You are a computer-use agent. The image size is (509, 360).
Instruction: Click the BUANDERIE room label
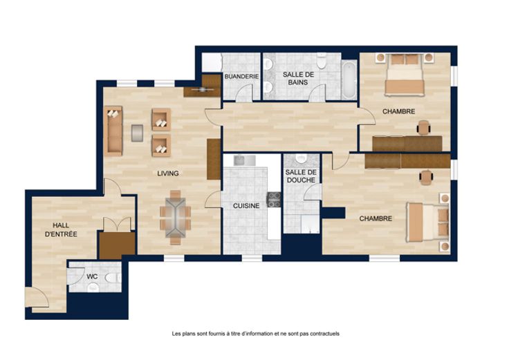coord(241,77)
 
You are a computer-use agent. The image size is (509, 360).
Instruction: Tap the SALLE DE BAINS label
coord(298,79)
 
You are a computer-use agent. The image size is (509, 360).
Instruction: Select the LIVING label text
coord(168,173)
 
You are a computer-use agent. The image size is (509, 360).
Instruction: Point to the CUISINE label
coord(246,206)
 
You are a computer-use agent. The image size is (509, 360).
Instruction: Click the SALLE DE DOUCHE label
coord(301,176)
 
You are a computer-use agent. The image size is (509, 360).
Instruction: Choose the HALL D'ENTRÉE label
coord(61,229)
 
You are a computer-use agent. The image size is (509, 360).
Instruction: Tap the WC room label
coord(92,276)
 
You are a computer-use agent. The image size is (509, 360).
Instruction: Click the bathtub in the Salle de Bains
coord(349,79)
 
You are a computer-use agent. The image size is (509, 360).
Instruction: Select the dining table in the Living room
coord(175,217)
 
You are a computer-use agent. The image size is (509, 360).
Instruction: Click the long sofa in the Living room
coord(113,131)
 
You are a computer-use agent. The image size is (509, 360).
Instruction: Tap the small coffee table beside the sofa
coord(138,133)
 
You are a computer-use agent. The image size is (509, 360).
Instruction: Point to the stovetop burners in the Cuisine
coord(274,200)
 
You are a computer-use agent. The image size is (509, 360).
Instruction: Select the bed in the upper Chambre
coord(405,75)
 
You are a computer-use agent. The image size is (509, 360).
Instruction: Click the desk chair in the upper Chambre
coord(424,127)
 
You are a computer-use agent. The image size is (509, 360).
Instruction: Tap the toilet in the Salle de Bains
coord(322,61)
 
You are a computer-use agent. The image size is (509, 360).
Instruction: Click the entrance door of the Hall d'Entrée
coord(37,297)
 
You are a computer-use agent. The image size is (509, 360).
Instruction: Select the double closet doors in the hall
coord(117,224)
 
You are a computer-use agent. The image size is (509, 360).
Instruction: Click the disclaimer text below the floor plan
coord(255,334)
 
